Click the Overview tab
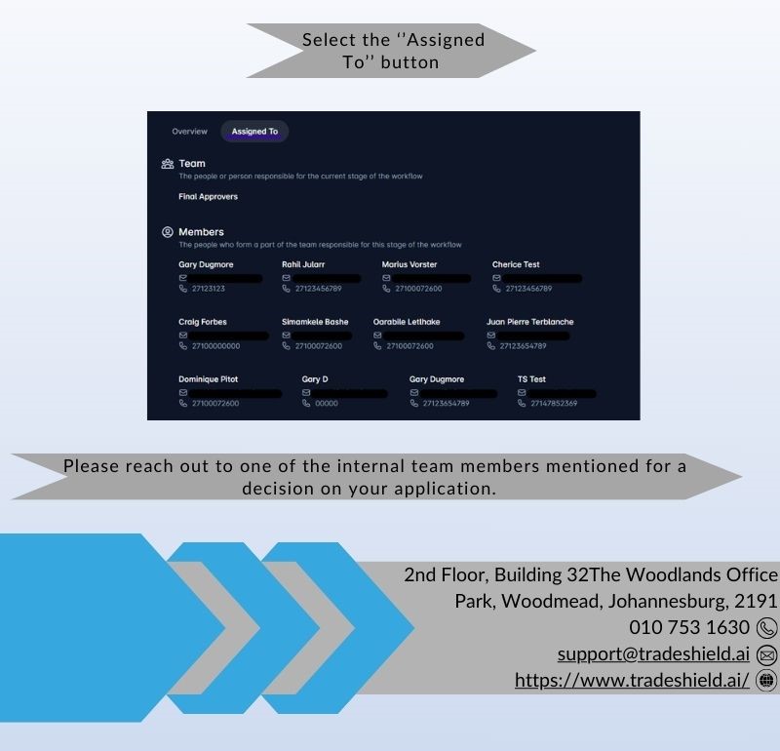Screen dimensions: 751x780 pos(189,131)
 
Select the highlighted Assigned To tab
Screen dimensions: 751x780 pos(254,131)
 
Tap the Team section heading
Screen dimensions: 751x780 pos(192,164)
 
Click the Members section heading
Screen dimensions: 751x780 pos(201,232)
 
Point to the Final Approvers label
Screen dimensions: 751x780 pos(208,197)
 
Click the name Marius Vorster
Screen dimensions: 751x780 pos(409,264)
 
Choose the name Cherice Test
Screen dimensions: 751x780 pos(516,264)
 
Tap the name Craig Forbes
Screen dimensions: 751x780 pos(203,322)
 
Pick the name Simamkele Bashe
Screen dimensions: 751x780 pos(315,322)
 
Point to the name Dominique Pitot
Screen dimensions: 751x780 pos(208,379)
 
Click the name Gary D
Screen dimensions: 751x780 pos(315,379)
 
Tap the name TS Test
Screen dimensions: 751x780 pos(531,379)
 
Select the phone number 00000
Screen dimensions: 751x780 pos(327,403)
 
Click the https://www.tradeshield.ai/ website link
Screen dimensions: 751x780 pos(632,680)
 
